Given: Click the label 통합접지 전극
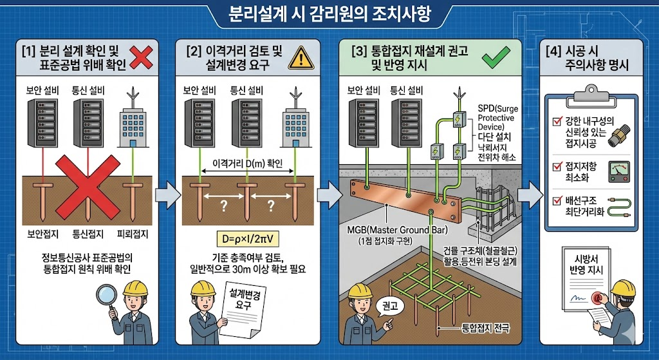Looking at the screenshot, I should tap(481, 328).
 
